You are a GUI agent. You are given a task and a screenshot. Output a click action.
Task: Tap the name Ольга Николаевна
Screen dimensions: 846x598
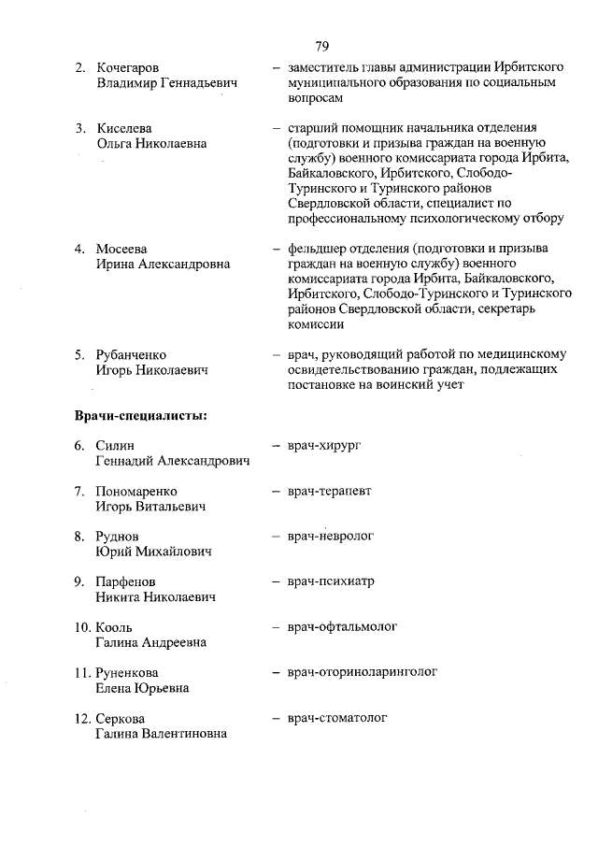[151, 143]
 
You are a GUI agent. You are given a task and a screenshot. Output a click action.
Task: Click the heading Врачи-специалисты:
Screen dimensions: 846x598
[140, 415]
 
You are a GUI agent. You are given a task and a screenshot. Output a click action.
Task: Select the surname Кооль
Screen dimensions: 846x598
[114, 626]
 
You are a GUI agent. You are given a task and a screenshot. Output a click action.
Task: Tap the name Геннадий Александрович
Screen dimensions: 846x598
[173, 462]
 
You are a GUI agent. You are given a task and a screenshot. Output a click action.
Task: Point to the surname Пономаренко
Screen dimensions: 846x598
[136, 491]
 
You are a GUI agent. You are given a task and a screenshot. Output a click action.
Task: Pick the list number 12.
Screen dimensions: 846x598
[82, 718]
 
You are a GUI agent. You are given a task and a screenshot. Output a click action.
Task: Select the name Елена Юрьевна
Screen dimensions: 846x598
[142, 688]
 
